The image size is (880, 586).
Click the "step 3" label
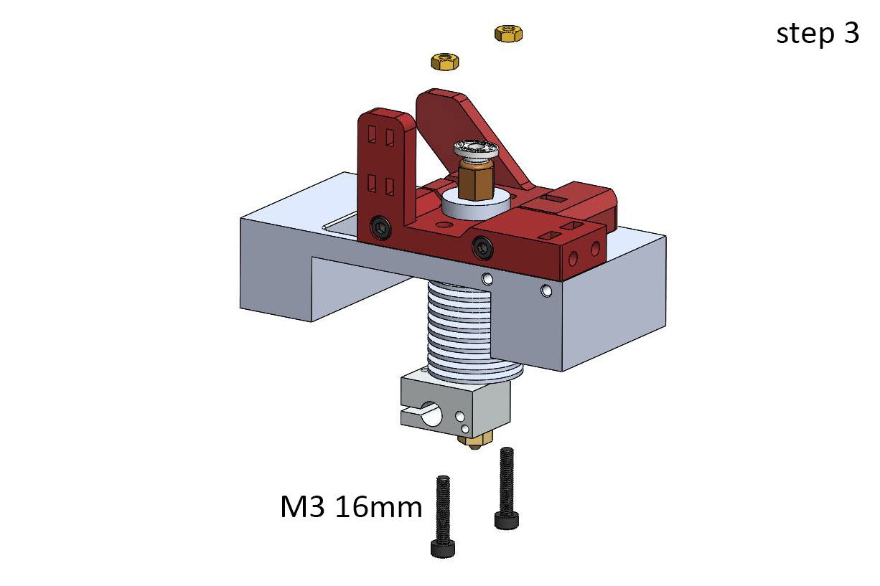point(818,34)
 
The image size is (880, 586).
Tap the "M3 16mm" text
point(351,507)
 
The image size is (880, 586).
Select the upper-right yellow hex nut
point(508,34)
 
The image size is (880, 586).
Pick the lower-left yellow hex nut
point(445,62)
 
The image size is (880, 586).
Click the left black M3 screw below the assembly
point(443,516)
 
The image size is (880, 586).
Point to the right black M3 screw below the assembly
point(507,488)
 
